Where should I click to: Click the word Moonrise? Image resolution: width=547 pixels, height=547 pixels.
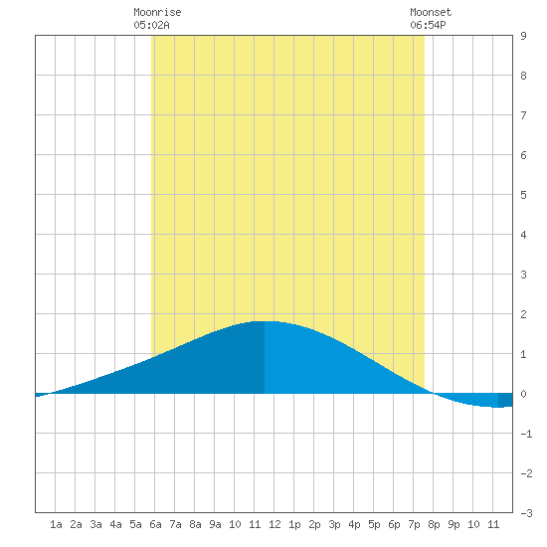tap(157, 12)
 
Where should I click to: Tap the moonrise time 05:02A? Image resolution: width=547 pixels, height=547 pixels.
tap(151, 25)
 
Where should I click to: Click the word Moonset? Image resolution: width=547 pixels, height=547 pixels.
tap(431, 12)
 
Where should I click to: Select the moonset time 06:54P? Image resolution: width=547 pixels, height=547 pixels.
tap(428, 25)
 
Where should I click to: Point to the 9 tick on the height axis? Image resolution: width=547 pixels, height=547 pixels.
tap(523, 36)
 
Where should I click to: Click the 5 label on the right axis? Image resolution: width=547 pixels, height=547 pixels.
tap(523, 195)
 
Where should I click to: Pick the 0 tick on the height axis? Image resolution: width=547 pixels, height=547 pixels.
tap(523, 394)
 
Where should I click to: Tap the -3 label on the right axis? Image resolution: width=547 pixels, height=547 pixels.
tap(526, 513)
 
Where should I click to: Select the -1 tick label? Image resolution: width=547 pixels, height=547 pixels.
tap(526, 434)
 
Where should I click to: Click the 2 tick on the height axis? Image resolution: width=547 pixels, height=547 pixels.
tap(523, 314)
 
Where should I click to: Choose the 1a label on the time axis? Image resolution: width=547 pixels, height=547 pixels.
tap(56, 524)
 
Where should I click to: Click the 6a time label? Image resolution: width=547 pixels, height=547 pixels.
tap(155, 524)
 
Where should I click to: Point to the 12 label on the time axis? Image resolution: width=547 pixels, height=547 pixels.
tap(274, 524)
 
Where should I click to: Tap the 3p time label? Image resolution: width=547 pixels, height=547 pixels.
tap(334, 524)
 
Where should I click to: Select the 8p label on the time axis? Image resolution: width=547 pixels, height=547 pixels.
tap(434, 524)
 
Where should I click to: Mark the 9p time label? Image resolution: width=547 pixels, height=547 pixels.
tap(454, 524)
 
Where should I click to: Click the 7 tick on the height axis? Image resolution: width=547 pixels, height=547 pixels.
tap(523, 115)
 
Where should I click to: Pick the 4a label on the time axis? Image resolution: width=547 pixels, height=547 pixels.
tap(115, 524)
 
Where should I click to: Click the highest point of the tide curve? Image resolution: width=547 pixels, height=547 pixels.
tap(265, 321)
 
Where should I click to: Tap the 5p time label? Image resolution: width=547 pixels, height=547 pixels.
tap(374, 524)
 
